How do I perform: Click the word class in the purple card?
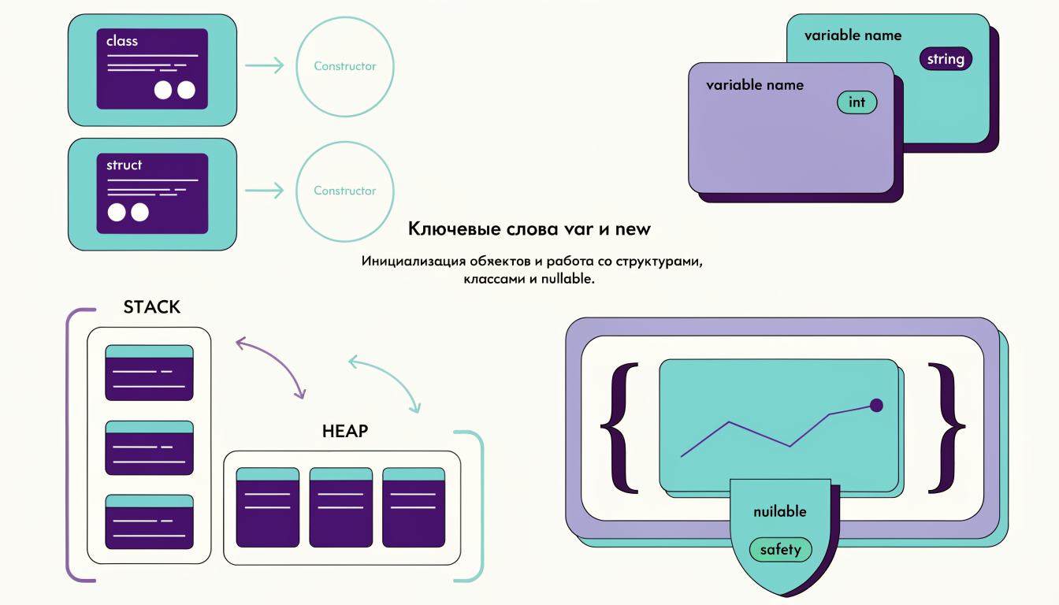122,41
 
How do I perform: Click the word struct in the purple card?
124,165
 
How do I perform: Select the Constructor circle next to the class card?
345,67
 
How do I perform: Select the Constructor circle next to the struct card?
345,191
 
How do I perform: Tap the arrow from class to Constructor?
264,65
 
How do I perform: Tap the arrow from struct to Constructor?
264,191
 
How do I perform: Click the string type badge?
946,59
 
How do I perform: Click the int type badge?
856,102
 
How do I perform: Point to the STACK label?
152,307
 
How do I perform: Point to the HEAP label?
345,431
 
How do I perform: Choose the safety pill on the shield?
781,550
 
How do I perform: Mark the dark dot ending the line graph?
876,406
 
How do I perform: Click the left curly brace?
619,429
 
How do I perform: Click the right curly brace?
946,429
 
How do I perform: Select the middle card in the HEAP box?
341,507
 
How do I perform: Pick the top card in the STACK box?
150,373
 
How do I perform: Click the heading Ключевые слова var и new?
529,229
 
